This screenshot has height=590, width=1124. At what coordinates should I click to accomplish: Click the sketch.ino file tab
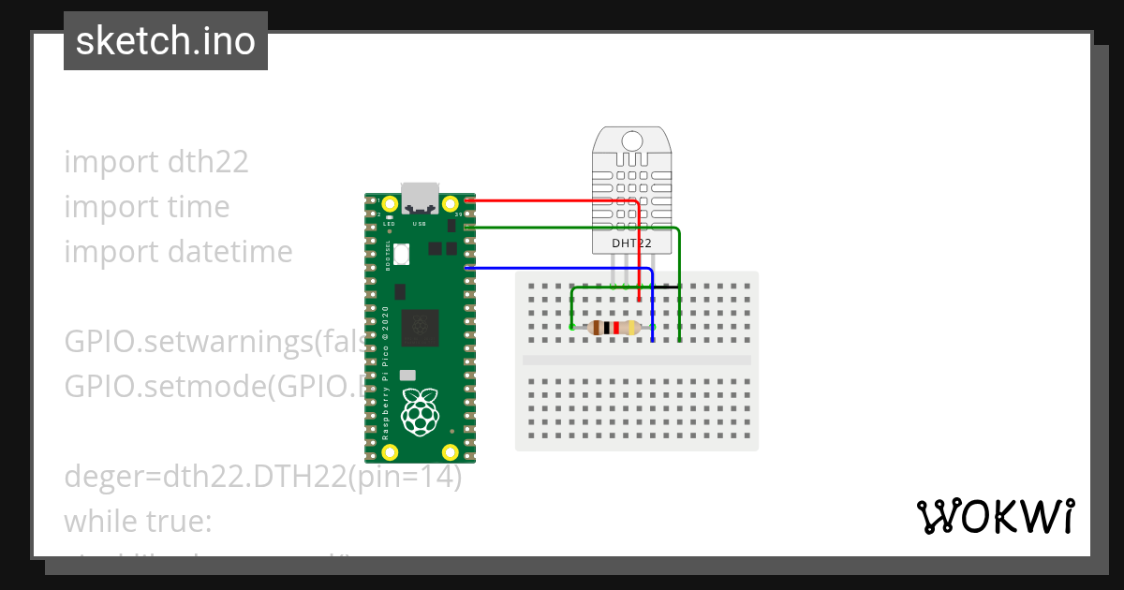click(166, 41)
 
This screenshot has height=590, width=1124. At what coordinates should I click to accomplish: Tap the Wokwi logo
click(994, 516)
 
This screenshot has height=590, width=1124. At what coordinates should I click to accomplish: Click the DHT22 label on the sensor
click(632, 243)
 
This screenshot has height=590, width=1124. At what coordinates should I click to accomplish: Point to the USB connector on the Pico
click(420, 197)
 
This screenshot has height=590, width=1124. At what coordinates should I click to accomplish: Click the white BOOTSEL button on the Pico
click(402, 253)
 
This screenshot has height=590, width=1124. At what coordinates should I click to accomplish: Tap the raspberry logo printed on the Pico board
click(420, 410)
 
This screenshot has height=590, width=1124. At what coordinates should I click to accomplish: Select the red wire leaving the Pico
click(553, 200)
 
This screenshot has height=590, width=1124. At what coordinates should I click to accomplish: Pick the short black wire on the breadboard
click(667, 286)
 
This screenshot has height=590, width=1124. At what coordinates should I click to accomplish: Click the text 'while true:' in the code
click(139, 521)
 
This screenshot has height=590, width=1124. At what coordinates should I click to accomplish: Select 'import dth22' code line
click(156, 162)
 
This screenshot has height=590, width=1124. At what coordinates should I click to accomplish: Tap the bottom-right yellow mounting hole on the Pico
click(451, 452)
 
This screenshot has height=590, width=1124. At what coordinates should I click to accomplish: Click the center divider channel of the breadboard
click(637, 360)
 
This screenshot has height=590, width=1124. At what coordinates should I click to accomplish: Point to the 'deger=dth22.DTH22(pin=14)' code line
click(263, 477)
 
